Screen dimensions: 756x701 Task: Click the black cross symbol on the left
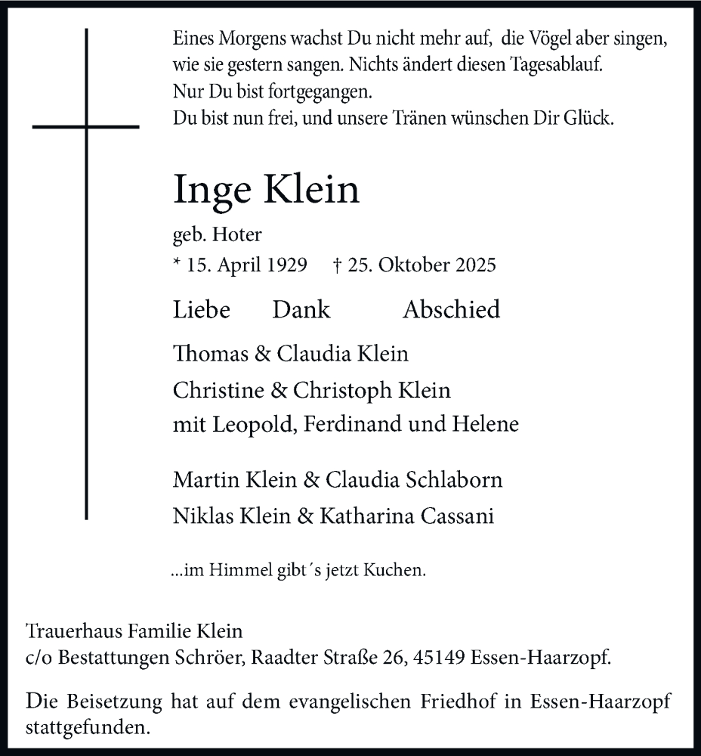click(x=87, y=126)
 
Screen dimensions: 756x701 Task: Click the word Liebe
click(x=201, y=309)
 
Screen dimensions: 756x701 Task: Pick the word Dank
click(x=301, y=309)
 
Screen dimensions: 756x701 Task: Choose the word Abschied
click(x=451, y=309)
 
